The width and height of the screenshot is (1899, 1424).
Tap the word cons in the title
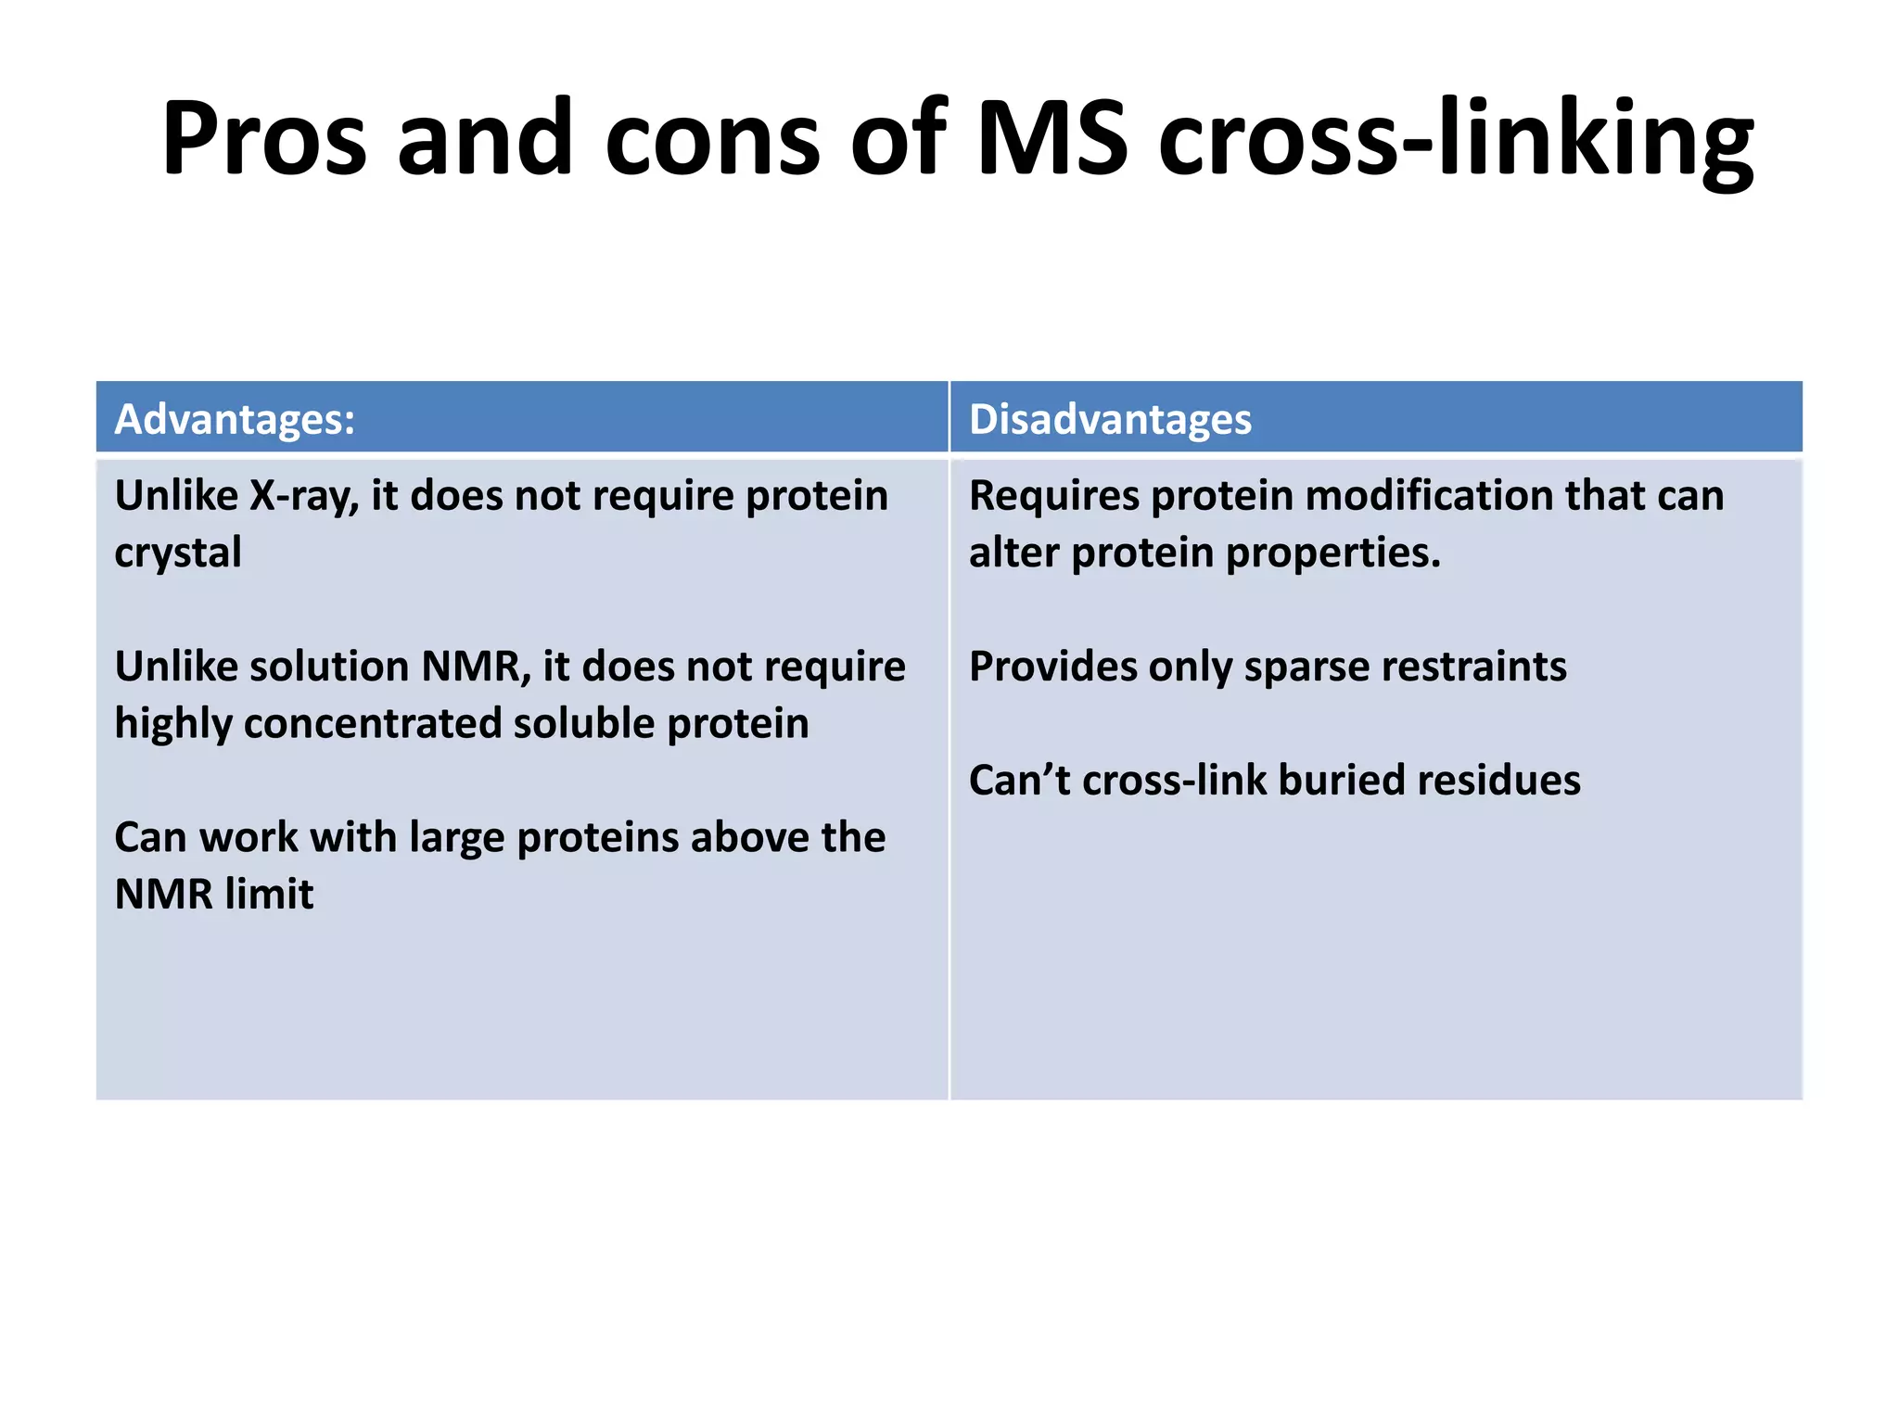[x=712, y=139]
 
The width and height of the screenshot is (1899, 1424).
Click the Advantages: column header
[x=235, y=419]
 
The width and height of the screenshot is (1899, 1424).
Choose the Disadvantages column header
[x=1110, y=419]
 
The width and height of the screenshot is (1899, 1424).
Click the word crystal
[x=178, y=553]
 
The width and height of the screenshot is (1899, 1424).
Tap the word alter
[x=1013, y=553]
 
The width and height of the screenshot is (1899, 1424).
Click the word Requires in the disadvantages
[x=1053, y=496]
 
